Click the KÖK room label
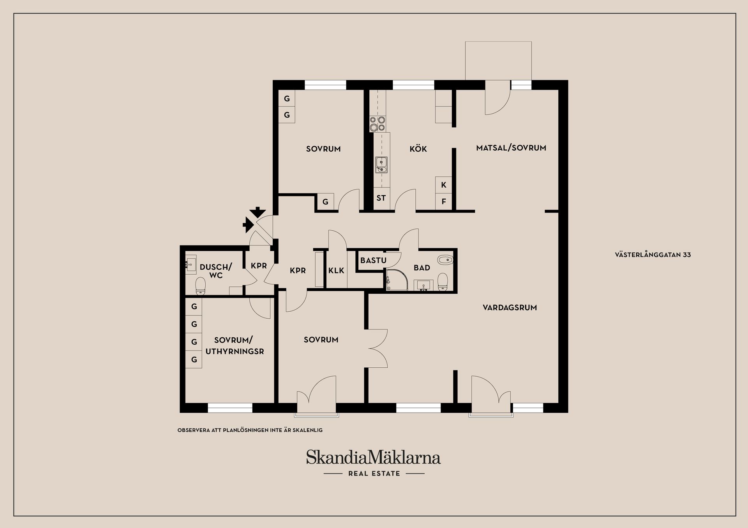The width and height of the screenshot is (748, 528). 418,149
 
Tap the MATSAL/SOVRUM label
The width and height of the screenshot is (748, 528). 511,148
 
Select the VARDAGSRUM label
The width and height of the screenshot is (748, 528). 510,307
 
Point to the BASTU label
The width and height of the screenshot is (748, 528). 373,260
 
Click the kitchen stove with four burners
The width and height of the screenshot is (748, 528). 377,124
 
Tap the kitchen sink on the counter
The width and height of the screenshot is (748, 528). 381,165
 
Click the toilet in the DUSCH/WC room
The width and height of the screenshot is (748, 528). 201,286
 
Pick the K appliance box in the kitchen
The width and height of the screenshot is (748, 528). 443,185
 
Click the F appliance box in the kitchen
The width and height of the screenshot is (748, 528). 443,202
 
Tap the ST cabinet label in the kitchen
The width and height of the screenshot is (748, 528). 381,198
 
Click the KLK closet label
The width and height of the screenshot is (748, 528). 336,270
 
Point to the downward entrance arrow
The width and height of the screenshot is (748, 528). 257,212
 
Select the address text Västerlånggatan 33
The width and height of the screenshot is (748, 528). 653,255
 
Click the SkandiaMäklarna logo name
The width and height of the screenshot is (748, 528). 373,457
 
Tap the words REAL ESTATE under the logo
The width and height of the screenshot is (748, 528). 374,474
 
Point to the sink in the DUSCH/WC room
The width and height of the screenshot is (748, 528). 191,265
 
